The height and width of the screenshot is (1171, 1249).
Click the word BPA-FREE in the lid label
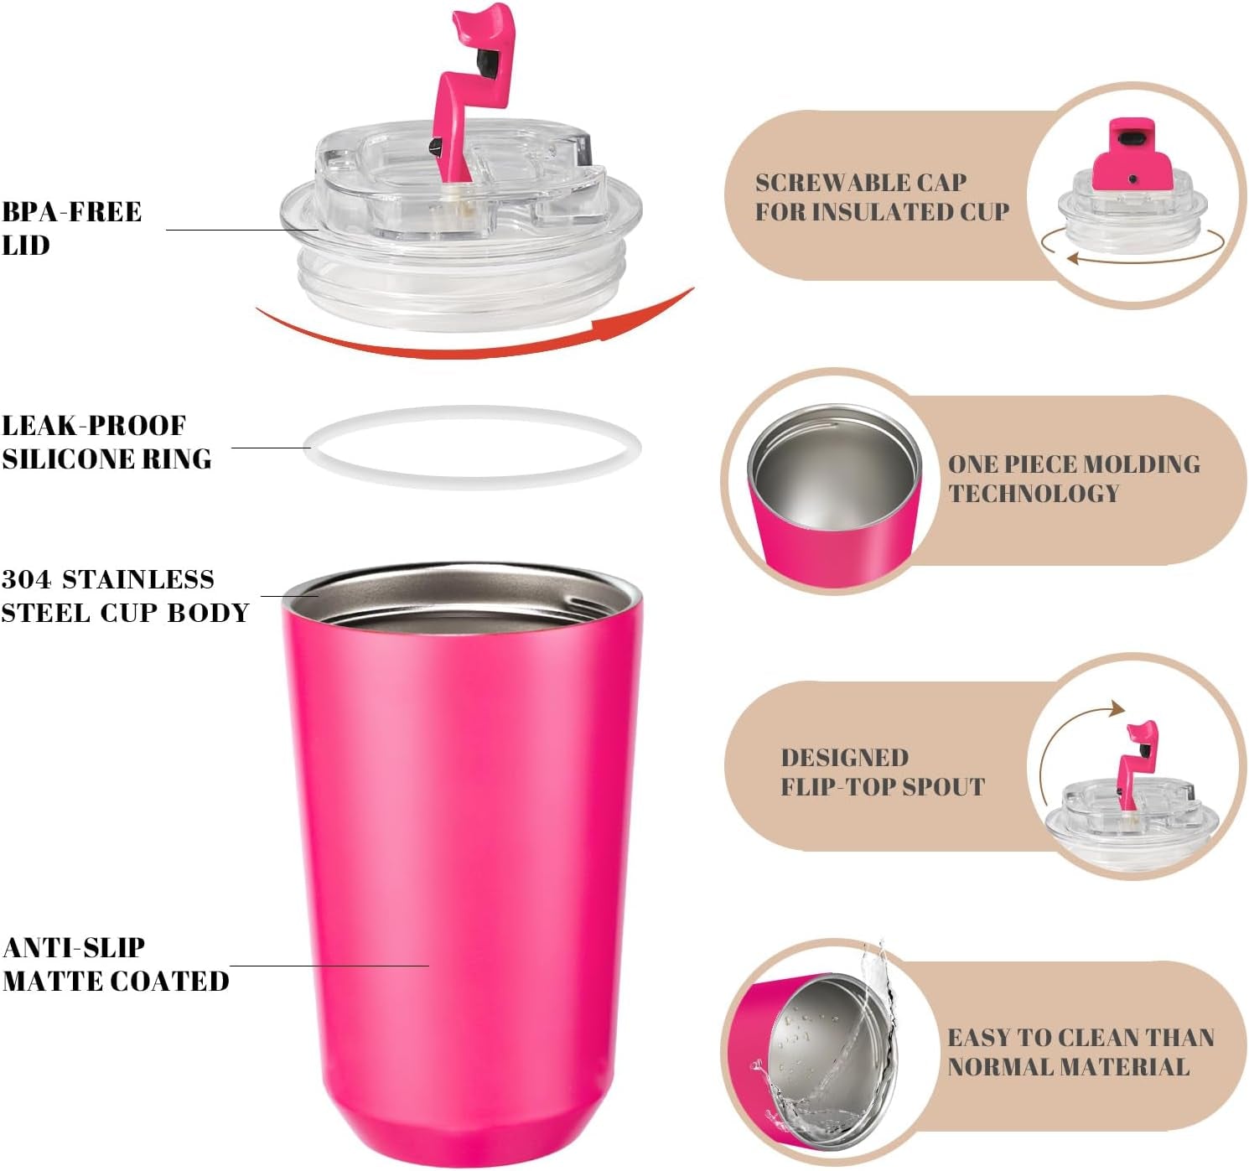point(71,211)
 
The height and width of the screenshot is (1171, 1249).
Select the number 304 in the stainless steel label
point(26,579)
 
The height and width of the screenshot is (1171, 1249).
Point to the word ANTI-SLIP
point(74,947)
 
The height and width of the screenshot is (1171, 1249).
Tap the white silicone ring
point(472,479)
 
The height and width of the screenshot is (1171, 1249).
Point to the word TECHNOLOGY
point(1034,493)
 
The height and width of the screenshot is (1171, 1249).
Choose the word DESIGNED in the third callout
point(844,758)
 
